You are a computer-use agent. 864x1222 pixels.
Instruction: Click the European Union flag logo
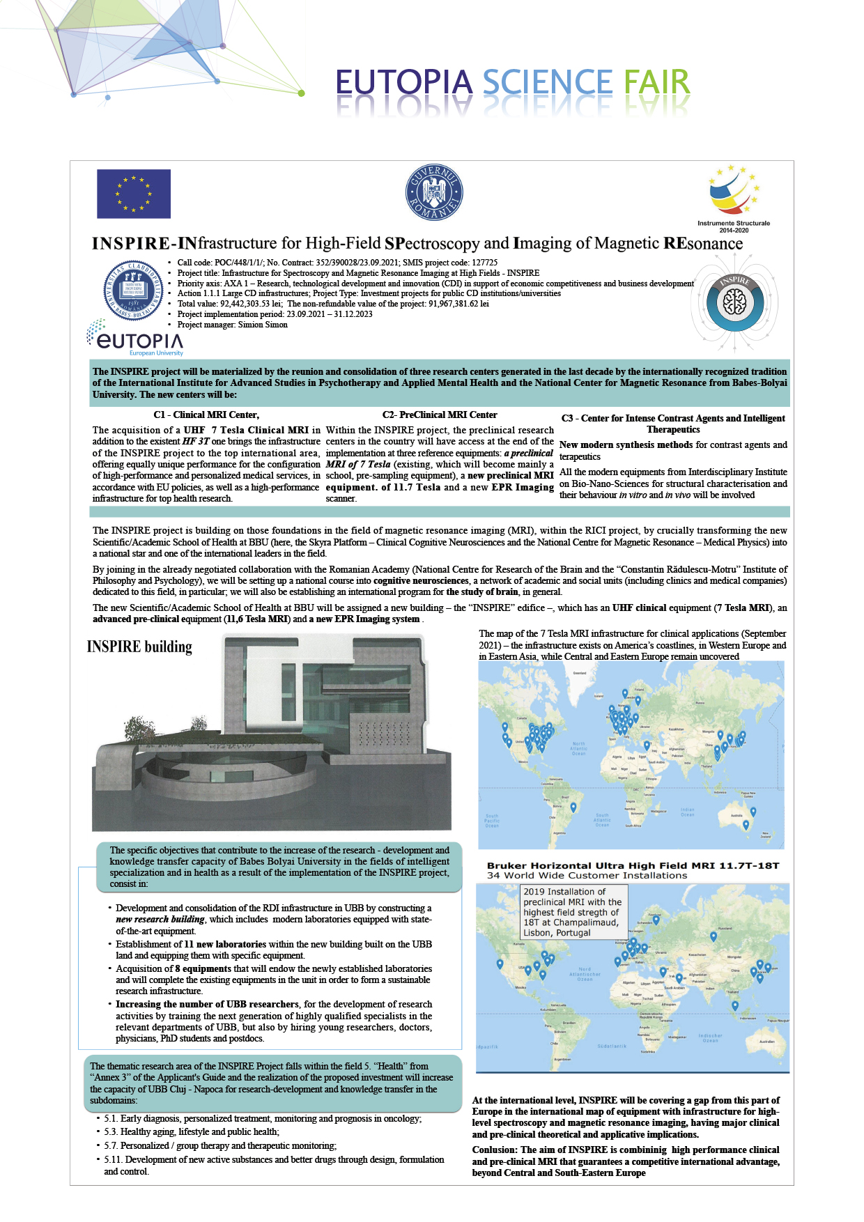point(133,194)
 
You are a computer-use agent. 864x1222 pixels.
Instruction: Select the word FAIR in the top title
point(656,83)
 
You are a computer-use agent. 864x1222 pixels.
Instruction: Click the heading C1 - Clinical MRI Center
point(206,415)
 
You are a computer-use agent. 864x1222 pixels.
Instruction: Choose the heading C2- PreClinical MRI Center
point(440,415)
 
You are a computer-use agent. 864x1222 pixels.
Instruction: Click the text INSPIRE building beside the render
point(139,647)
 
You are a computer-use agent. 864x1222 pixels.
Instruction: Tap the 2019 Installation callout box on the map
point(574,912)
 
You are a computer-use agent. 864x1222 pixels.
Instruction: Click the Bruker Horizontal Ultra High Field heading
point(633,866)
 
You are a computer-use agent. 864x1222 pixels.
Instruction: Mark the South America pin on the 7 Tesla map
point(573,807)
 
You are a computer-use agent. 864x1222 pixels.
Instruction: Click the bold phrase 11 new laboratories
point(225,945)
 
